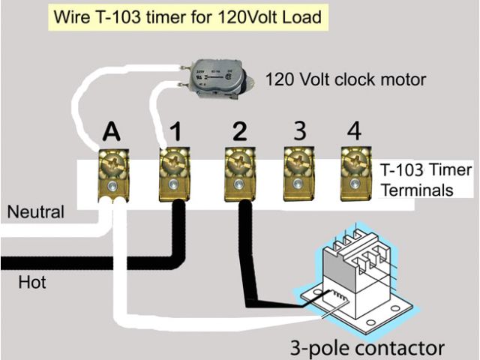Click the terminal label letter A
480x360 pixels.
pyautogui.click(x=111, y=133)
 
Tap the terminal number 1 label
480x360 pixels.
pyautogui.click(x=175, y=133)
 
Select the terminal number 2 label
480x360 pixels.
pyautogui.click(x=239, y=132)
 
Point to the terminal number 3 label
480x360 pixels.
pyautogui.click(x=299, y=130)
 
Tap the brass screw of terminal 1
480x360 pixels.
pyautogui.click(x=173, y=160)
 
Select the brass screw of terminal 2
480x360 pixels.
pyautogui.click(x=236, y=160)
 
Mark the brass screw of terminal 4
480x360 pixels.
pyautogui.click(x=352, y=159)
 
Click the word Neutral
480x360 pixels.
pyautogui.click(x=35, y=212)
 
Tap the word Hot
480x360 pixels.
pyautogui.click(x=32, y=283)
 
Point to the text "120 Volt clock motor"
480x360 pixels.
pyautogui.click(x=346, y=79)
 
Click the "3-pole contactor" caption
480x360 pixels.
pyautogui.click(x=367, y=346)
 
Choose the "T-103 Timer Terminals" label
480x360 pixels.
pyautogui.click(x=425, y=180)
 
